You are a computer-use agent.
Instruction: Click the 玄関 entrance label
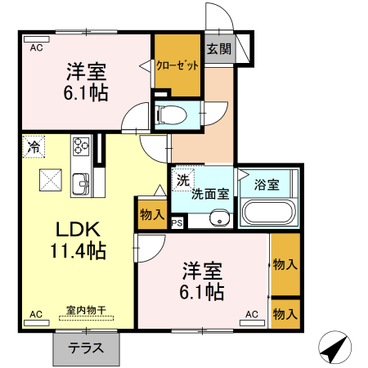click(219, 49)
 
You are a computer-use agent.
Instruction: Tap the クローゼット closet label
click(177, 65)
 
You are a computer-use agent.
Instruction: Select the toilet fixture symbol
click(170, 114)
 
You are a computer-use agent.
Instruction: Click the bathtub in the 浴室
click(268, 213)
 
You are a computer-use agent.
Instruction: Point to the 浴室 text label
click(267, 185)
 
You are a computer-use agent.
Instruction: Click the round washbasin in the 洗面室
click(220, 218)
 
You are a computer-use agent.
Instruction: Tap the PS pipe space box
click(177, 223)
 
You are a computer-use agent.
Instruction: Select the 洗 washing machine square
click(182, 180)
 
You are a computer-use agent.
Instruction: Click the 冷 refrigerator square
click(34, 146)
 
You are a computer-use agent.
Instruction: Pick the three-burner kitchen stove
click(81, 146)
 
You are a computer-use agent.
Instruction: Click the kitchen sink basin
click(81, 184)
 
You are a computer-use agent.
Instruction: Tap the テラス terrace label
click(86, 348)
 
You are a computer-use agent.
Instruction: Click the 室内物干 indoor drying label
click(86, 310)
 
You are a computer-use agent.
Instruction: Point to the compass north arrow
click(335, 347)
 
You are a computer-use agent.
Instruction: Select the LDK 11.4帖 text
click(79, 240)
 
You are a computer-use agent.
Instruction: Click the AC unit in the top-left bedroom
click(37, 39)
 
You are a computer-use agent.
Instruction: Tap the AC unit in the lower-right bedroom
click(252, 323)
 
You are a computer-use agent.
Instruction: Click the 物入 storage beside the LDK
click(152, 214)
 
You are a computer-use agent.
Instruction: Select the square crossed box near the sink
click(51, 180)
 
